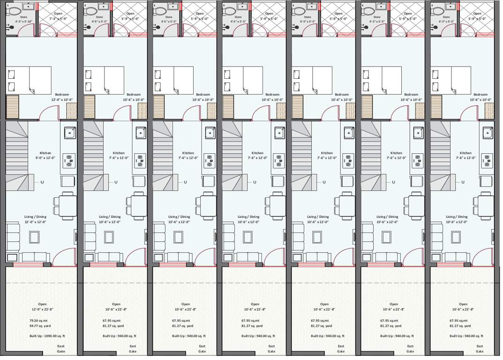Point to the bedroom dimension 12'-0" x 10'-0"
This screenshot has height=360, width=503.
pos(63,100)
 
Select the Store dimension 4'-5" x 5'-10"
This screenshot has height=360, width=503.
pos(23,22)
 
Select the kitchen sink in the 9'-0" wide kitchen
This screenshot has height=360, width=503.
pos(70,133)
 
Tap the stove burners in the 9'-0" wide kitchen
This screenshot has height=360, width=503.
pos(69,161)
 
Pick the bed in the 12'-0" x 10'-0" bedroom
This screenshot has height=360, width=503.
pos(29,80)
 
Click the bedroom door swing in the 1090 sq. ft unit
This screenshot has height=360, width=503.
pos(49,112)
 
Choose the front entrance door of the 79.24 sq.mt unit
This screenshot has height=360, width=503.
pos(64,257)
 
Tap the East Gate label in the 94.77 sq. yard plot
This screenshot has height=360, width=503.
pos(61,349)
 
